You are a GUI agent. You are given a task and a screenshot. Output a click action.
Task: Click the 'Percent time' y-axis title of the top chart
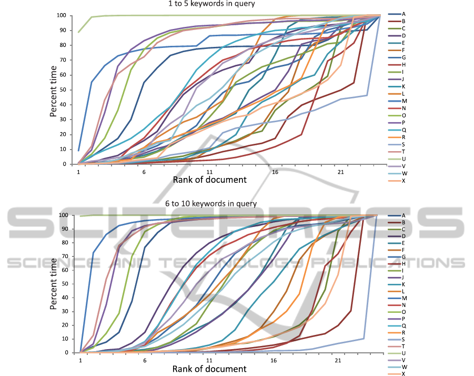(54, 90)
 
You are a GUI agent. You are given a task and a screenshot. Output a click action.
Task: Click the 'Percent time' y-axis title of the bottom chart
(54, 284)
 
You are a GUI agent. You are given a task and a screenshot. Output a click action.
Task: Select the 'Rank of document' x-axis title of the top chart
(209, 180)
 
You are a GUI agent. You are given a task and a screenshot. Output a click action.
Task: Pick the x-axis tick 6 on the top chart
(144, 171)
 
